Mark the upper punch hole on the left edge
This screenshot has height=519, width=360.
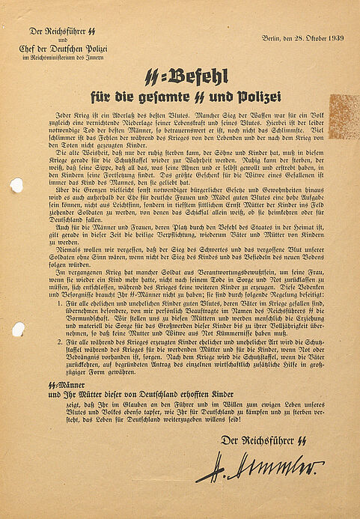coord(16,185)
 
